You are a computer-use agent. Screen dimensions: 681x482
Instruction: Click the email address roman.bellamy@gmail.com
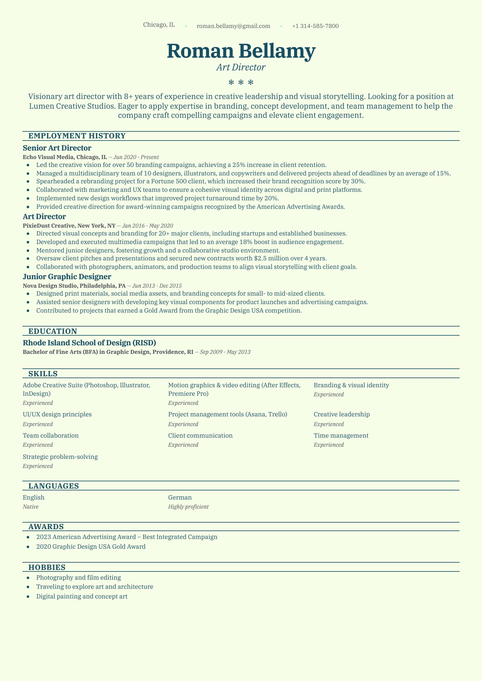tap(233, 26)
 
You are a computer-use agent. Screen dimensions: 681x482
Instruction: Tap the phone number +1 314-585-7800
tap(315, 26)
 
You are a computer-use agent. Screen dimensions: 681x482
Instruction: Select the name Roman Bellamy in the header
tap(241, 51)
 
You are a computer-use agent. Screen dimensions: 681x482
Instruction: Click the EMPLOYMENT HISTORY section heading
tap(77, 136)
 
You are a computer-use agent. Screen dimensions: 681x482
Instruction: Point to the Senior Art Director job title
tap(57, 148)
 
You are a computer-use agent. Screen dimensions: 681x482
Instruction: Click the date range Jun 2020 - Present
tap(136, 157)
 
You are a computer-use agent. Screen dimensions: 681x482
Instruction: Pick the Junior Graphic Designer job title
tap(67, 277)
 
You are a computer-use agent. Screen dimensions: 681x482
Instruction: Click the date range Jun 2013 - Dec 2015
tap(157, 286)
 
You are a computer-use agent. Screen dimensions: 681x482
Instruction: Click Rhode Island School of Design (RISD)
tap(89, 343)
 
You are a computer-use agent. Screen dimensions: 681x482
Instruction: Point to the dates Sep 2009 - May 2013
tap(225, 352)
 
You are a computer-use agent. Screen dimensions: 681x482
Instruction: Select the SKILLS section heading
tap(43, 374)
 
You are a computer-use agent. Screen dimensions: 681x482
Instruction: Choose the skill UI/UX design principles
tap(57, 415)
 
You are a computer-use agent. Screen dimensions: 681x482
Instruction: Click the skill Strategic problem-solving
tap(60, 457)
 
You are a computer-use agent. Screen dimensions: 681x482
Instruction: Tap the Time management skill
tap(341, 436)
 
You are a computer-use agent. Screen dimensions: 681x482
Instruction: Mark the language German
tap(180, 498)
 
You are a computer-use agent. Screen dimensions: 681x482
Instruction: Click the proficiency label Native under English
tap(31, 507)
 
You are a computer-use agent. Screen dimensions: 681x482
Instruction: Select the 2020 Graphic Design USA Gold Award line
tap(91, 547)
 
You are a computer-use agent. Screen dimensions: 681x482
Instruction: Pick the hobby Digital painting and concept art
tap(82, 597)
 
